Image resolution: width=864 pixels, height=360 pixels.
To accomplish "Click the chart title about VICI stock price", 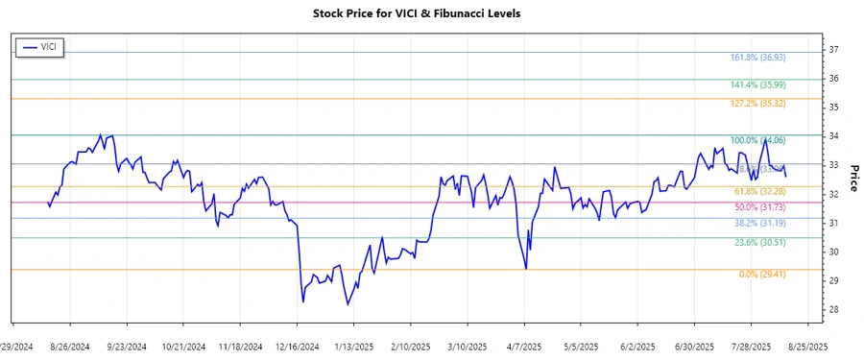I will [431, 13].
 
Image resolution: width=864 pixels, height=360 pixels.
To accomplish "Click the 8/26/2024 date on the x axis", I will [70, 346].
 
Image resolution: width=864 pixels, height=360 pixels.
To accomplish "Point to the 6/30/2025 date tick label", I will [694, 346].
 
